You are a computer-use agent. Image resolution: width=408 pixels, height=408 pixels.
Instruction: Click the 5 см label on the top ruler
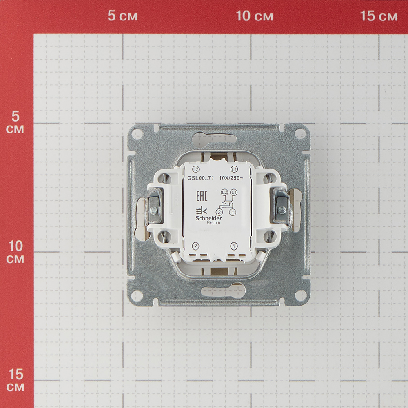122,16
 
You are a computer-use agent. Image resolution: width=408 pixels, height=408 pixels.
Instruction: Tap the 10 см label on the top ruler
255,16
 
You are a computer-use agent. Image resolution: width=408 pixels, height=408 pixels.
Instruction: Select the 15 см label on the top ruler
379,16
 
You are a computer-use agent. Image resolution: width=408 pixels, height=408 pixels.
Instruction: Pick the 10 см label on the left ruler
16,252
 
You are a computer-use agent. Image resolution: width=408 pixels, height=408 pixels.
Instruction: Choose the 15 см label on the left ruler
16,380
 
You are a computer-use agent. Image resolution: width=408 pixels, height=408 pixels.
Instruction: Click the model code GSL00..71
201,178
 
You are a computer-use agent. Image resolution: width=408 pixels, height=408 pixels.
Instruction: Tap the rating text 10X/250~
231,178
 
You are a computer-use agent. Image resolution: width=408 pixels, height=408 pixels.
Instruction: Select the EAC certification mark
202,196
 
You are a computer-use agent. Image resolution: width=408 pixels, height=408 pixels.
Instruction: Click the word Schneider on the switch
209,218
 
